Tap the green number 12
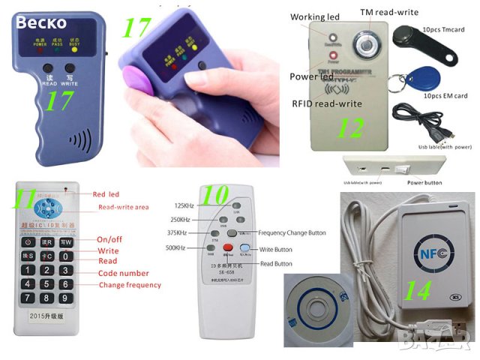[x=349, y=130]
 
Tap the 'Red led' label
[x=105, y=194]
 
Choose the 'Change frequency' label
[x=129, y=285]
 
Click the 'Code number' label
[x=123, y=273]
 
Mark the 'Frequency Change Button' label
[x=292, y=233]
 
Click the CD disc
[x=316, y=310]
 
